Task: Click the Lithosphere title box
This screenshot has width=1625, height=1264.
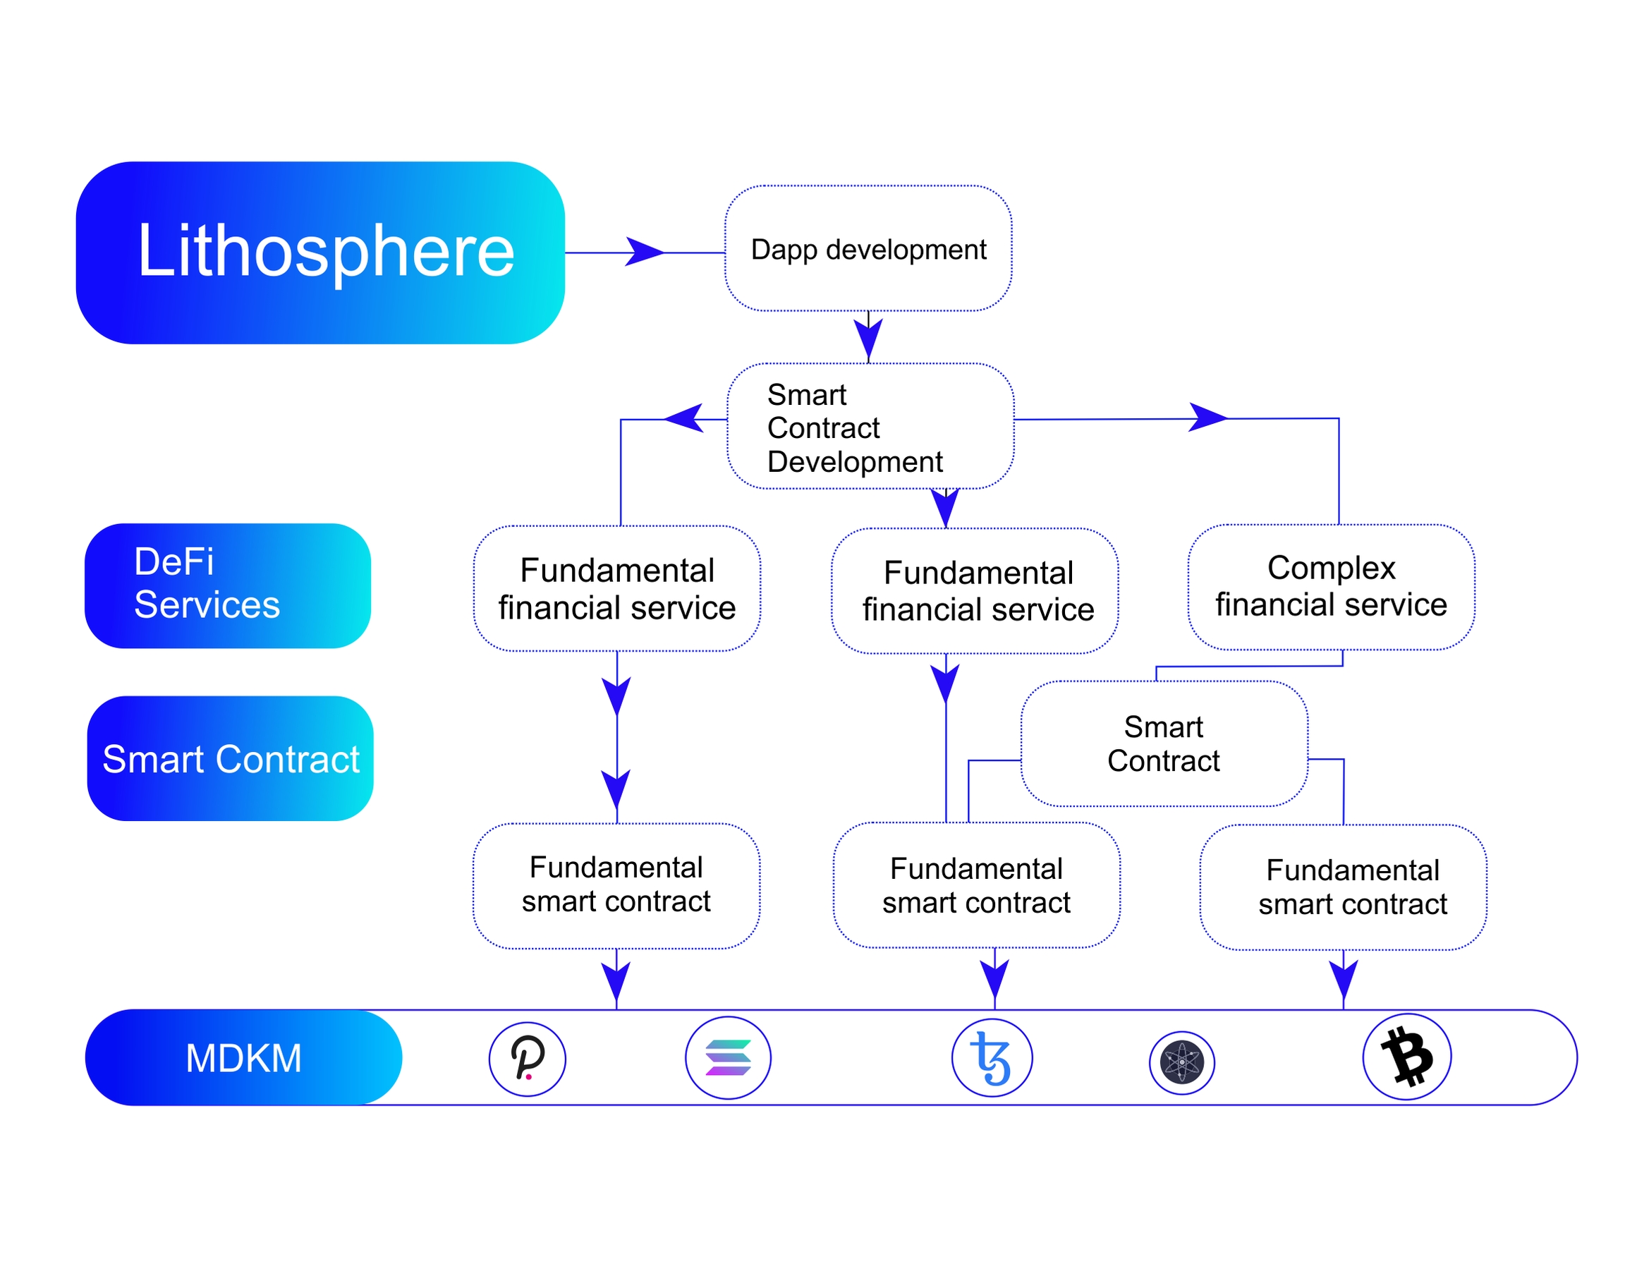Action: (x=320, y=253)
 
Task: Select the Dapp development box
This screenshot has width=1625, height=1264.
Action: (x=868, y=248)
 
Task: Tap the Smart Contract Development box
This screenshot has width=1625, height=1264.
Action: (x=870, y=426)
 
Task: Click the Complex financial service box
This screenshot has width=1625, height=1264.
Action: (x=1331, y=587)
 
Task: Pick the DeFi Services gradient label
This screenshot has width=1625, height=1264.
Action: (x=228, y=585)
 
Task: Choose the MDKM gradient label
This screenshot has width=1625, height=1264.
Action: (x=243, y=1057)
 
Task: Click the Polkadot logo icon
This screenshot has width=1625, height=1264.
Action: (x=528, y=1059)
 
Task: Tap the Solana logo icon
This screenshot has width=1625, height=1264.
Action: (x=728, y=1058)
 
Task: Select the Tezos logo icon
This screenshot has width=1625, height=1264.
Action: (x=992, y=1058)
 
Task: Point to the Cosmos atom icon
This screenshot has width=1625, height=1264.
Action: (x=1181, y=1062)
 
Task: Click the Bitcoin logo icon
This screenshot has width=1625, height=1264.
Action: (x=1406, y=1057)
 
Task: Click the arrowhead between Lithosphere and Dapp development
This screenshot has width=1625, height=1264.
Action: (x=645, y=253)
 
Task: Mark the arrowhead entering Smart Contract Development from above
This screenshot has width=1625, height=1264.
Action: (x=868, y=339)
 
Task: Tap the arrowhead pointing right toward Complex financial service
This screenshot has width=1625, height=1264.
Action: (x=1207, y=418)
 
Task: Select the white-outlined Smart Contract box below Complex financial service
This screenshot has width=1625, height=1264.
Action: (x=1164, y=743)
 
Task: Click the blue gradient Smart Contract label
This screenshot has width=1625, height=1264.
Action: (x=230, y=759)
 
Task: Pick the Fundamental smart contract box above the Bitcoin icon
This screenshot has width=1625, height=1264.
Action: (x=1343, y=887)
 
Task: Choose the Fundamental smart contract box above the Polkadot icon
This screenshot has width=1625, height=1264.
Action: (x=616, y=885)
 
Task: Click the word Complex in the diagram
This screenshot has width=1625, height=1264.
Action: (x=1331, y=568)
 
